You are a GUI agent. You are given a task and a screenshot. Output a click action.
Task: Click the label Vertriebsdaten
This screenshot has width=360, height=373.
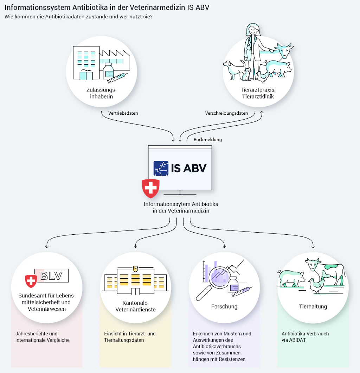click(x=123, y=113)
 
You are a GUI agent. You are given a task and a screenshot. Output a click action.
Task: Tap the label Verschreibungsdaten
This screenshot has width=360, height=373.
click(x=226, y=113)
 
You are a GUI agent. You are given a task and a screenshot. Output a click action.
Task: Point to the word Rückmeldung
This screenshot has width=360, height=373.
click(x=208, y=139)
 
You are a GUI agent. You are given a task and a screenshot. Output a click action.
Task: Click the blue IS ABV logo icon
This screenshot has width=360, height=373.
click(x=161, y=168)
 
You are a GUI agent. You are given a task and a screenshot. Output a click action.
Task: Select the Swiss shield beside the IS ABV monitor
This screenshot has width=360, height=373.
click(x=150, y=188)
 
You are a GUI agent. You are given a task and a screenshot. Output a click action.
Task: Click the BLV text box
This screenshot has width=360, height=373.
click(x=51, y=276)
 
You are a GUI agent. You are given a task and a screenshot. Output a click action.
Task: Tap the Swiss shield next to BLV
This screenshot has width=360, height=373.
click(x=31, y=281)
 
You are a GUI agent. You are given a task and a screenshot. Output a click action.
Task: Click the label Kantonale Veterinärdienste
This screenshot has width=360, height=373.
click(x=135, y=306)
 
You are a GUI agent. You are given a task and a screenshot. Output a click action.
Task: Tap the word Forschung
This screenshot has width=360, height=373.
click(x=224, y=306)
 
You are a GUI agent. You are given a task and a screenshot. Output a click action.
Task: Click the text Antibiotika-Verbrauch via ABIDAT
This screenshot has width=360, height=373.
click(x=305, y=337)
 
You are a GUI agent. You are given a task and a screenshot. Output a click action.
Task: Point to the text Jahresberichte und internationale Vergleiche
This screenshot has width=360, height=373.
click(x=43, y=337)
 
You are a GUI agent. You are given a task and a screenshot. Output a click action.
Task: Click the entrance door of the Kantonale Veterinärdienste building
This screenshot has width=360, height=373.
click(x=135, y=291)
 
